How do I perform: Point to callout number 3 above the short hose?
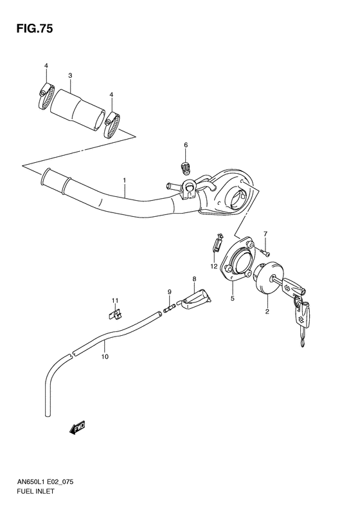(70, 76)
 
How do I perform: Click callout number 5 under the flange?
(233, 299)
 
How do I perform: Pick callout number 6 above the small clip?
(185, 145)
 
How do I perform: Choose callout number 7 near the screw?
(264, 234)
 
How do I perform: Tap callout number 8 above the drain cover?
(192, 279)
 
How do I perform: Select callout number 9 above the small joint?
(170, 292)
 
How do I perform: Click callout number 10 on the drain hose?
(104, 353)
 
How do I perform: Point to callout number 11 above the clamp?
(114, 301)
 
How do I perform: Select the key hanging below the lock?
(301, 322)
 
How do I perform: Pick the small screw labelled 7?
(264, 249)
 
